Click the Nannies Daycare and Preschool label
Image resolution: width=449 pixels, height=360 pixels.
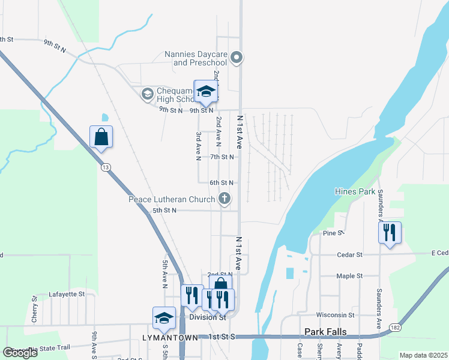pyautogui.click(x=196, y=58)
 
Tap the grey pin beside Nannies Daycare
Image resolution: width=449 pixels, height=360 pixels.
pyautogui.click(x=237, y=58)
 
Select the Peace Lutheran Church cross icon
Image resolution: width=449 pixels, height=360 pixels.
pyautogui.click(x=224, y=198)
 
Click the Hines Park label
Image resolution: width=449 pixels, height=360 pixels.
pyautogui.click(x=354, y=192)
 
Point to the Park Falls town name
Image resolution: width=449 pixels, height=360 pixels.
pyautogui.click(x=327, y=331)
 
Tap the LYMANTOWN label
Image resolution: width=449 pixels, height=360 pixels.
pyautogui.click(x=170, y=338)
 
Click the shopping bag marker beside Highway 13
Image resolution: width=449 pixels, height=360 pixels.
pyautogui.click(x=101, y=137)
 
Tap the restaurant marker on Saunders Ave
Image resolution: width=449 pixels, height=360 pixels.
pyautogui.click(x=390, y=233)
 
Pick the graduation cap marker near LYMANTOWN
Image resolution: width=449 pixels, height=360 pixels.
pyautogui.click(x=163, y=319)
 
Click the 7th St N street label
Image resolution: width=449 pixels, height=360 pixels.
pyautogui.click(x=221, y=157)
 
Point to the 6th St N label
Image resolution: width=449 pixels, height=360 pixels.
pyautogui.click(x=221, y=182)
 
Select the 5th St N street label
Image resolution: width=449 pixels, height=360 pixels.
pyautogui.click(x=164, y=211)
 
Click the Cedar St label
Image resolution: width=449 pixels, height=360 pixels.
pyautogui.click(x=351, y=255)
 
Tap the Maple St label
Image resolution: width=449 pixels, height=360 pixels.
pyautogui.click(x=351, y=276)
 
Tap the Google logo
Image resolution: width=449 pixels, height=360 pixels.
pyautogui.click(x=20, y=353)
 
